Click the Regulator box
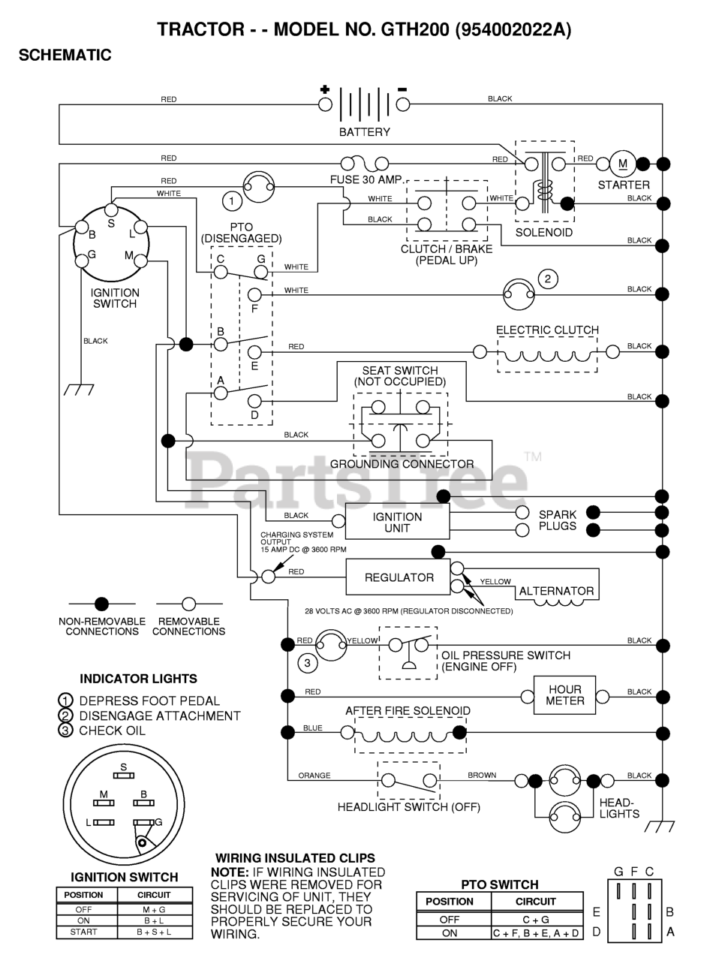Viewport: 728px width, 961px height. pyautogui.click(x=397, y=577)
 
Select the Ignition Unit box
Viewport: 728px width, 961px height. pyautogui.click(x=397, y=522)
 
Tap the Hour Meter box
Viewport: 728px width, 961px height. pyautogui.click(x=564, y=695)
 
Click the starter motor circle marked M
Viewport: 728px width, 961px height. pyautogui.click(x=623, y=164)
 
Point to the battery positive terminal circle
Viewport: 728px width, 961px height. pyautogui.click(x=325, y=104)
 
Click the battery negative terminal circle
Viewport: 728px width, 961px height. pyautogui.click(x=402, y=104)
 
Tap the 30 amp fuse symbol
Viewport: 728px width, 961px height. pyautogui.click(x=365, y=164)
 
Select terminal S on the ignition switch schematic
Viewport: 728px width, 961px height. pyautogui.click(x=111, y=209)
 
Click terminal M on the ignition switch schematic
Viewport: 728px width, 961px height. pyautogui.click(x=140, y=261)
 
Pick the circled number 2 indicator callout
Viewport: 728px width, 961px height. pyautogui.click(x=548, y=279)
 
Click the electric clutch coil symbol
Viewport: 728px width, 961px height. pyautogui.click(x=547, y=355)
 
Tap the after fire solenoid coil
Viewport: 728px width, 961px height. pyautogui.click(x=410, y=738)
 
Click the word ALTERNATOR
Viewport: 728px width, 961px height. pyautogui.click(x=556, y=591)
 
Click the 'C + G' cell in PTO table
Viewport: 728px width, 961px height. pyautogui.click(x=537, y=920)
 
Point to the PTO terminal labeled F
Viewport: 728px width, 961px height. pyautogui.click(x=254, y=294)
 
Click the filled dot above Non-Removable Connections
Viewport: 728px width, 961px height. pyautogui.click(x=101, y=604)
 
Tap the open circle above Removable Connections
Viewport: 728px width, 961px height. pyautogui.click(x=188, y=604)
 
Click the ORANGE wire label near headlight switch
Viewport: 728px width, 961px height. pyautogui.click(x=314, y=776)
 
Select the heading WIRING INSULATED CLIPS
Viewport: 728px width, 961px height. pyautogui.click(x=295, y=858)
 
